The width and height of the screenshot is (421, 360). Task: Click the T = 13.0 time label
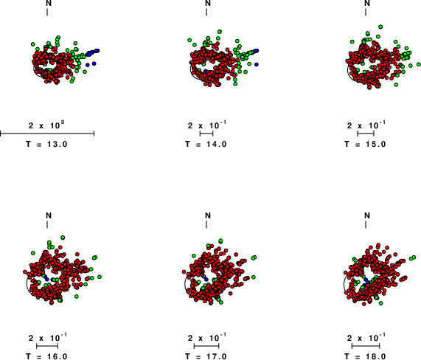[46, 145]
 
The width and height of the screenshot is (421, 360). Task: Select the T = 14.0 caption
[206, 145]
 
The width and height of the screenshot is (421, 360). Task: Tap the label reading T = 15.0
[365, 145]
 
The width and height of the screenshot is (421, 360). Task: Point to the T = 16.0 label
[46, 356]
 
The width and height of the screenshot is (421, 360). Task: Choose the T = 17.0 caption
[206, 356]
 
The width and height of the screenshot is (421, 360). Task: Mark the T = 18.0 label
[365, 356]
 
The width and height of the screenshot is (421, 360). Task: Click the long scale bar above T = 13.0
[47, 134]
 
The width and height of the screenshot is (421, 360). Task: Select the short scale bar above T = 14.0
[206, 134]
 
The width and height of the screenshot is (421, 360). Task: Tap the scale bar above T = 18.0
[366, 346]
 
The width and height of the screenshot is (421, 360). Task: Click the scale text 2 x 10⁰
[46, 125]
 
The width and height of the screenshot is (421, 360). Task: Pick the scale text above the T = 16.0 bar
[48, 337]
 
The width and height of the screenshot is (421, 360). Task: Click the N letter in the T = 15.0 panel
[367, 3]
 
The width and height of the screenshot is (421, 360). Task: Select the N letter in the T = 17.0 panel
[208, 215]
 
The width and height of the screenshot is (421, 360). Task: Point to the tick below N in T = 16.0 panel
[47, 224]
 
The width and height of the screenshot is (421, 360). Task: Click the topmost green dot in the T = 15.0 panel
[380, 27]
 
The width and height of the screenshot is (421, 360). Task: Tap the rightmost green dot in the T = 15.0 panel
[419, 64]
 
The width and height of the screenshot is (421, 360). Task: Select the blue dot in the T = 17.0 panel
[206, 280]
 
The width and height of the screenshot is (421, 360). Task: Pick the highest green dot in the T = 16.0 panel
[63, 238]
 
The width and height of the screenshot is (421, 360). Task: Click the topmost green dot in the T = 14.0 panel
[220, 32]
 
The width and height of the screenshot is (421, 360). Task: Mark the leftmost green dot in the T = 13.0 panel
[33, 44]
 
